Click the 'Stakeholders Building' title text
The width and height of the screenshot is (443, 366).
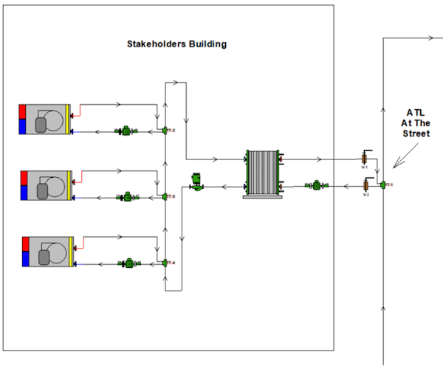pyautogui.click(x=177, y=44)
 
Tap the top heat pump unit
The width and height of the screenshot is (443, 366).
pyautogui.click(x=45, y=119)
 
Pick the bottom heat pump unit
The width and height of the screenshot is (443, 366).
pyautogui.click(x=48, y=251)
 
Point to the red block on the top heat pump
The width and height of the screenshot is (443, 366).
pyautogui.click(x=22, y=111)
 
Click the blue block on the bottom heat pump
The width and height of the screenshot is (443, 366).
pyautogui.click(x=26, y=258)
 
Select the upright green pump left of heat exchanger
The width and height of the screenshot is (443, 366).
pyautogui.click(x=196, y=182)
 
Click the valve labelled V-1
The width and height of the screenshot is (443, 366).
pyautogui.click(x=365, y=158)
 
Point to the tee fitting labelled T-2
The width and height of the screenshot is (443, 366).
pyautogui.click(x=165, y=131)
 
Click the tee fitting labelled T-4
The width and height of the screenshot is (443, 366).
pyautogui.click(x=165, y=262)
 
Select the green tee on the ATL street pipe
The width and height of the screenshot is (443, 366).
pyautogui.click(x=383, y=185)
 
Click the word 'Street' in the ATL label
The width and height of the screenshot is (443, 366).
pyautogui.click(x=416, y=134)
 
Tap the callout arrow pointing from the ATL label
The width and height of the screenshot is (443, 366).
pyautogui.click(x=405, y=156)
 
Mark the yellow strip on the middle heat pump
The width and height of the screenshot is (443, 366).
pyautogui.click(x=70, y=185)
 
